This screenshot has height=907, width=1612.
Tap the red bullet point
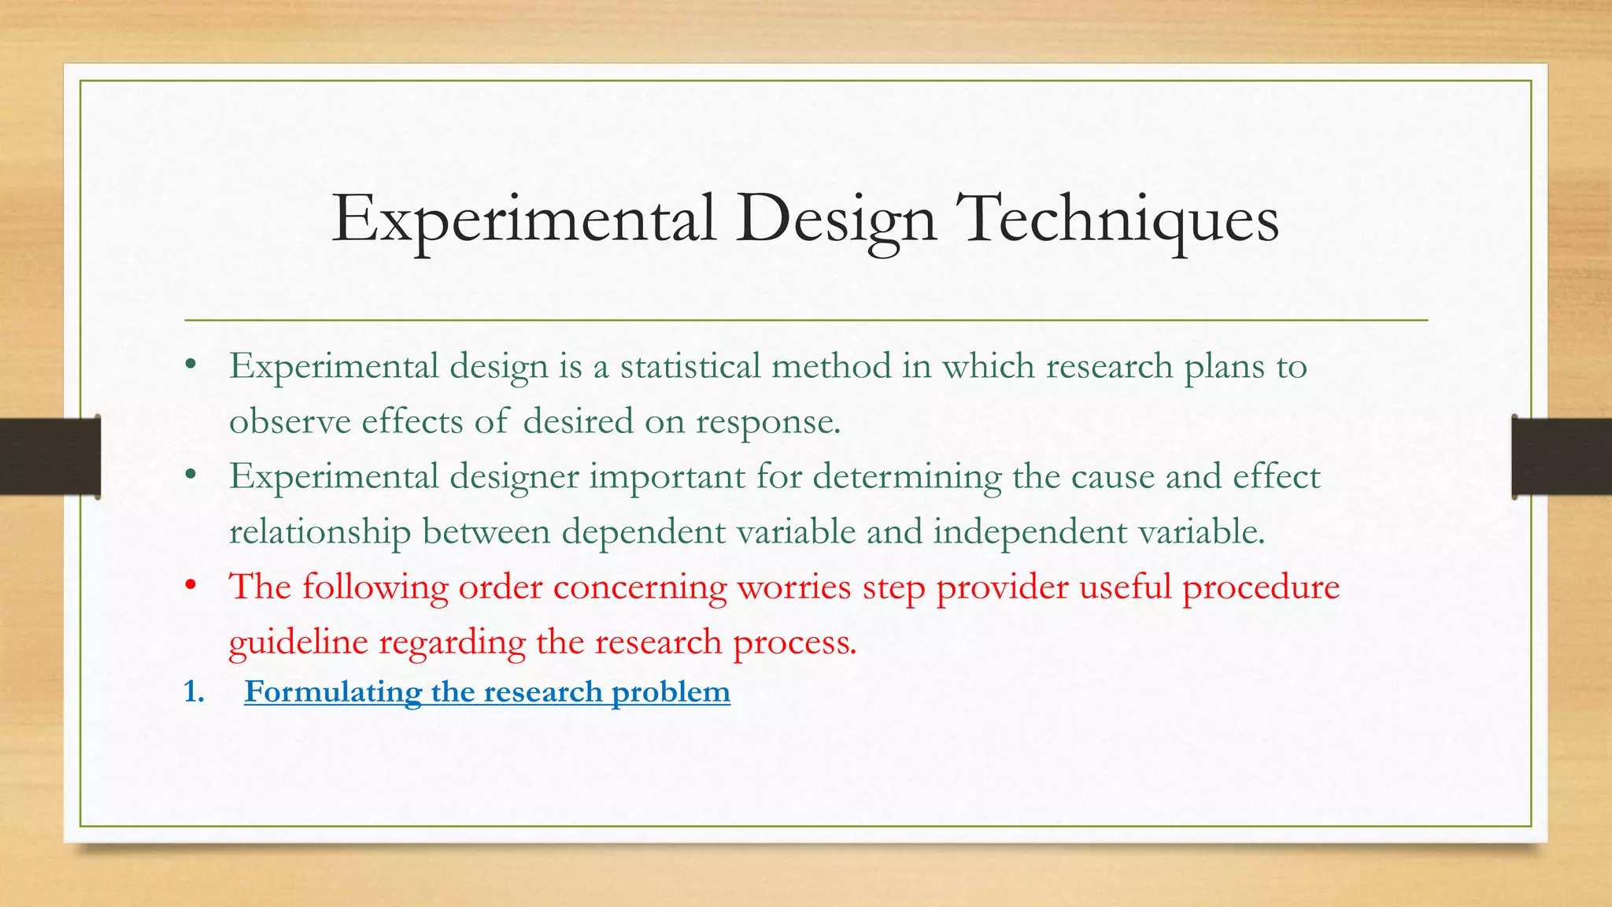(x=190, y=587)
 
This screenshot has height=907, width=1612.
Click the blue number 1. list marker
(x=194, y=692)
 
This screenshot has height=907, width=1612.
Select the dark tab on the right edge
(x=1562, y=457)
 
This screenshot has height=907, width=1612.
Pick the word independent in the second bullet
(x=1030, y=532)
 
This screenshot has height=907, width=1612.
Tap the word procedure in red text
(x=1261, y=587)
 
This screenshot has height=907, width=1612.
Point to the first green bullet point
(x=190, y=366)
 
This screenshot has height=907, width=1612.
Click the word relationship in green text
(x=320, y=532)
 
